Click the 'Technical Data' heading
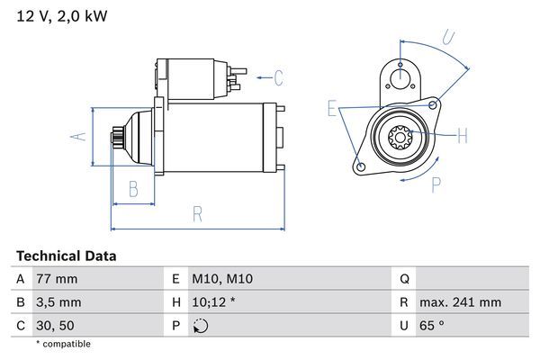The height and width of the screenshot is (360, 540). click(x=66, y=256)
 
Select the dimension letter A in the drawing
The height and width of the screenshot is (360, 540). click(x=78, y=137)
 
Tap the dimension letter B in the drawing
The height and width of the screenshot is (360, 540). click(x=132, y=189)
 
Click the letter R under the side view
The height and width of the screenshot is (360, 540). click(x=197, y=215)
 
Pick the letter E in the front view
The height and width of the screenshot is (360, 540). click(x=332, y=110)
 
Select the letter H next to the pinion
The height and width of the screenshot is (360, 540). click(x=463, y=136)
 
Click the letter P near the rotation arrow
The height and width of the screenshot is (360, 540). click(x=436, y=186)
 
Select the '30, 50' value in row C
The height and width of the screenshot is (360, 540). click(x=53, y=325)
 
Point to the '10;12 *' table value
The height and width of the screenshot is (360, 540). click(x=214, y=302)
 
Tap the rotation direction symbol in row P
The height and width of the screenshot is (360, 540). click(x=200, y=325)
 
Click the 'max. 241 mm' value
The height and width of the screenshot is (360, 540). click(x=462, y=302)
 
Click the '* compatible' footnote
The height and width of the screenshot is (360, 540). click(x=63, y=344)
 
